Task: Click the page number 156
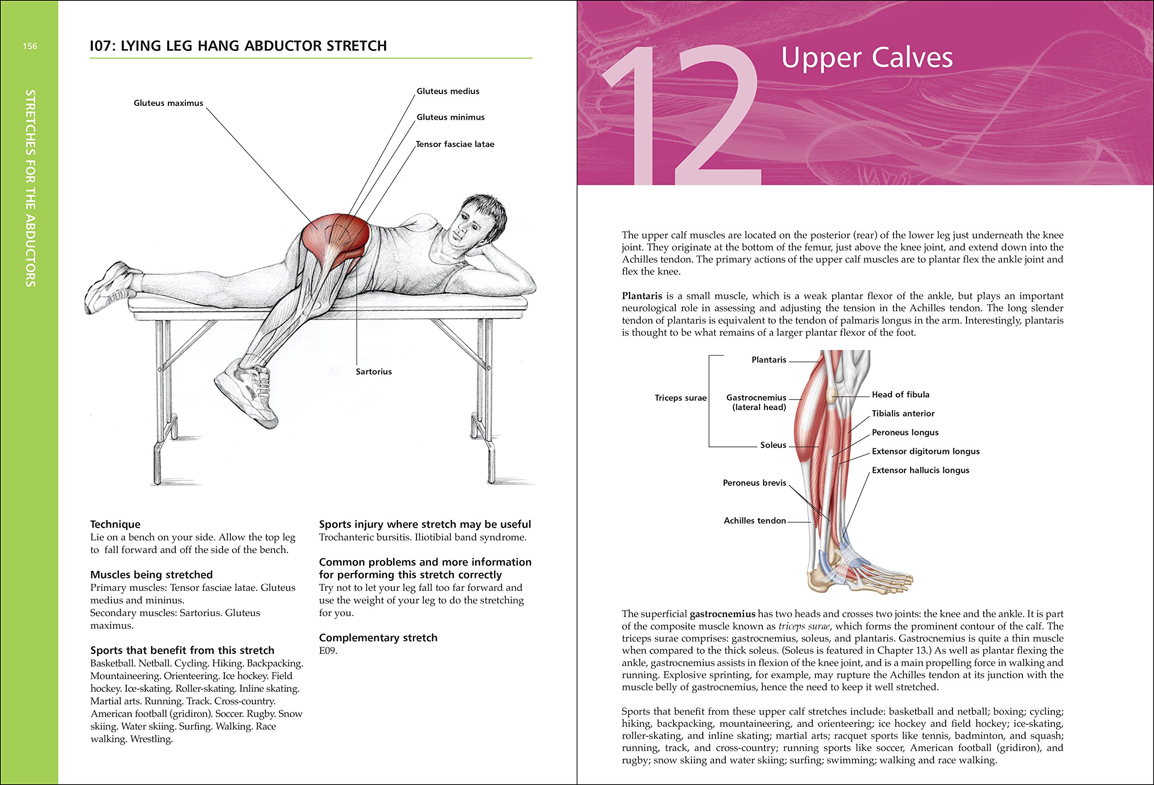point(30,46)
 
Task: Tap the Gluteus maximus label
point(168,103)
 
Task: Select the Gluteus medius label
point(448,91)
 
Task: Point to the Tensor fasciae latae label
point(455,144)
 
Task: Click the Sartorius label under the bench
point(373,371)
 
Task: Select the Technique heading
point(115,525)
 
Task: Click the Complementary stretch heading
point(378,638)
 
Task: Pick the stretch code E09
point(328,650)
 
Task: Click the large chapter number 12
point(680,116)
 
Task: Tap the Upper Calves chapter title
point(867,58)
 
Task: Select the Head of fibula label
point(900,395)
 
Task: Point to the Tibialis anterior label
point(903,414)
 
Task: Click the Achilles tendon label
point(755,520)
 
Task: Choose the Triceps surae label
point(680,398)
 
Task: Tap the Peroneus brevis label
point(754,483)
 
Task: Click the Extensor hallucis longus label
point(920,470)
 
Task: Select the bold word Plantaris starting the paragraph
point(641,296)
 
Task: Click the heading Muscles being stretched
point(151,575)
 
